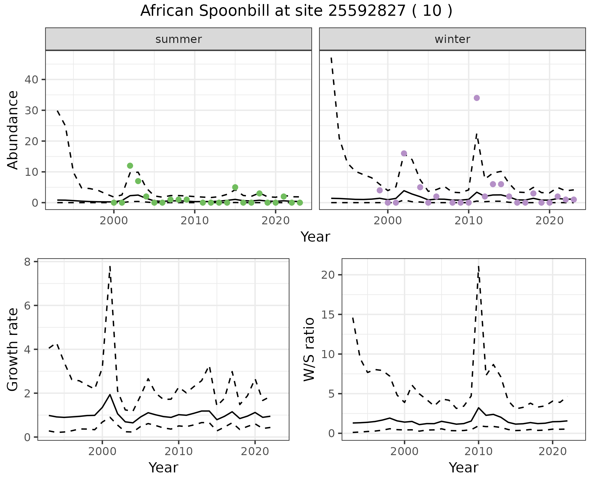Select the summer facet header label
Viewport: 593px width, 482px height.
click(179, 39)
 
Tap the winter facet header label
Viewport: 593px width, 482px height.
click(452, 39)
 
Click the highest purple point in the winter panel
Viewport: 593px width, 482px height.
click(477, 98)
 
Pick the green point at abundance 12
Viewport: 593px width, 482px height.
click(130, 166)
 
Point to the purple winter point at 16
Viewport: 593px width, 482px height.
click(404, 154)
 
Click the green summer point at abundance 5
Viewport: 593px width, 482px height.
click(235, 187)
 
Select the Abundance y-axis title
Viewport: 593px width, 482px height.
click(13, 130)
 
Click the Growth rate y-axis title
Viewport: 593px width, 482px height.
click(13, 349)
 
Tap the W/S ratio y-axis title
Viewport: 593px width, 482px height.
click(309, 349)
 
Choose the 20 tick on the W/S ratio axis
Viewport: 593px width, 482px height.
click(328, 275)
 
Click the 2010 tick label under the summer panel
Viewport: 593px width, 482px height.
click(195, 221)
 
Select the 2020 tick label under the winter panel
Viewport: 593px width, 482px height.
click(549, 221)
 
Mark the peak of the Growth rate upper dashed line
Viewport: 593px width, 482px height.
click(110, 266)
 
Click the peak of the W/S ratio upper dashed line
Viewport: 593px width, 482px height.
click(478, 266)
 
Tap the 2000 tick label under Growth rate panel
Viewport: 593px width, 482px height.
click(102, 451)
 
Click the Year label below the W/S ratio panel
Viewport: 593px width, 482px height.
click(463, 468)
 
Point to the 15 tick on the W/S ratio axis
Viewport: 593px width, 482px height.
click(328, 315)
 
